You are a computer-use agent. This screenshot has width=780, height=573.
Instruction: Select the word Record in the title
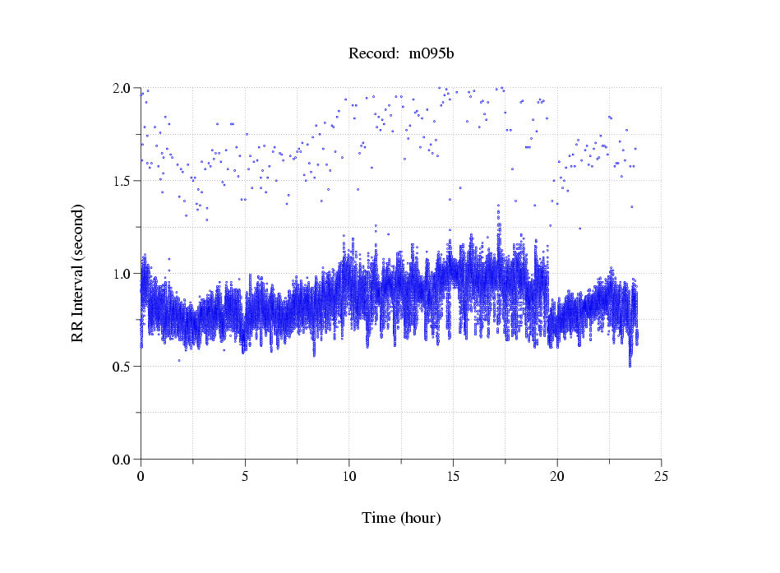374,54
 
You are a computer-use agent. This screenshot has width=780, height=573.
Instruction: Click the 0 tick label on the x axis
141,475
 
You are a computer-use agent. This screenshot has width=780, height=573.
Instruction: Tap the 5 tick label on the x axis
245,475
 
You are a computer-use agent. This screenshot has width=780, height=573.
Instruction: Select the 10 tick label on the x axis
349,475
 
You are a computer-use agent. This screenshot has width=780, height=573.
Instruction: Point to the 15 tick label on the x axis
453,475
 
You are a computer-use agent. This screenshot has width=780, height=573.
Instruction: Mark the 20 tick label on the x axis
557,475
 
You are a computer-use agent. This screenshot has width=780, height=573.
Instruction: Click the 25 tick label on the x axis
662,475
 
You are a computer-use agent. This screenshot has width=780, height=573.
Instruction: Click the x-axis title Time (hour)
401,518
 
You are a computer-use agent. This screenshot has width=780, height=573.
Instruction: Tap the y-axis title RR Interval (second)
78,272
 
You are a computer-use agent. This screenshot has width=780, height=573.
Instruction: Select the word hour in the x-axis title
421,518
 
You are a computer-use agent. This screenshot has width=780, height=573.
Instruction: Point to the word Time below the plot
378,518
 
